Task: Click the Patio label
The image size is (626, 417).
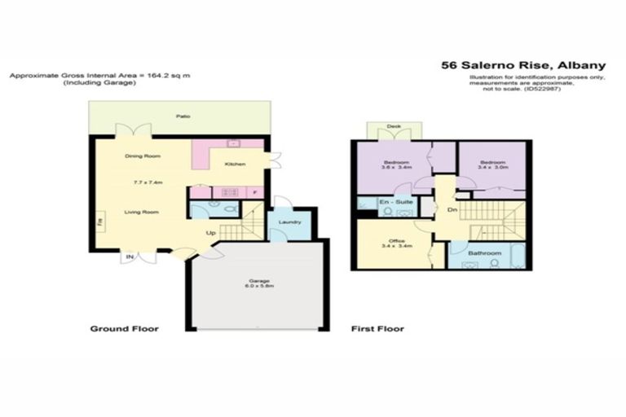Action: (x=182, y=117)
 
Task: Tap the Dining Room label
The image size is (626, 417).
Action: (x=142, y=156)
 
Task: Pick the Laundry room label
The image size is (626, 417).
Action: (x=289, y=222)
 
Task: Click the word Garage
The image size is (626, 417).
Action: (x=258, y=281)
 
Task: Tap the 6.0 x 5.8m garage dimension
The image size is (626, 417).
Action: (x=258, y=288)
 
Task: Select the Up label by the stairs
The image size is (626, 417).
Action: (x=210, y=234)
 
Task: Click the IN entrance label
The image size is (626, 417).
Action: (x=129, y=258)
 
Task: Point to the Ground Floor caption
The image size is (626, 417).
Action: (x=124, y=329)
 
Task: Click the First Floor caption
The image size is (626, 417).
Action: (x=377, y=329)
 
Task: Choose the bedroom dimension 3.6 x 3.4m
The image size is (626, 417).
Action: (x=395, y=169)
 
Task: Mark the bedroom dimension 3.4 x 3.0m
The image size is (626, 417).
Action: (x=492, y=169)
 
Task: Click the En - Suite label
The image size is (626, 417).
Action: (x=394, y=200)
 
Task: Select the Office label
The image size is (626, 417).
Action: (x=396, y=240)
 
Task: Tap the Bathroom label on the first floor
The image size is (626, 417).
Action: (x=485, y=254)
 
